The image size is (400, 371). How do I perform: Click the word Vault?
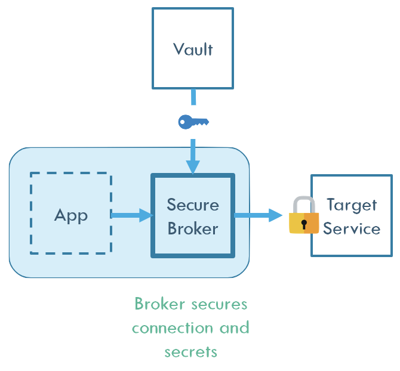pyautogui.click(x=192, y=49)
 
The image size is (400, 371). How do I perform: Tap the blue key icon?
pyautogui.click(x=193, y=122)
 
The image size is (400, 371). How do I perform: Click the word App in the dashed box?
pyautogui.click(x=71, y=215)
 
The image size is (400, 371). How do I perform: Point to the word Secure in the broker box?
pyautogui.click(x=192, y=205)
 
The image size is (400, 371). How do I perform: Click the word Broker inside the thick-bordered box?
pyautogui.click(x=192, y=228)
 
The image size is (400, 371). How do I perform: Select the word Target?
pyautogui.click(x=352, y=205)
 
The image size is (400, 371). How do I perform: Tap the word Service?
pyautogui.click(x=352, y=228)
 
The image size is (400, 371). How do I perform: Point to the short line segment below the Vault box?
pyautogui.click(x=193, y=97)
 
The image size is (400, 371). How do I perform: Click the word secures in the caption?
pyautogui.click(x=219, y=304)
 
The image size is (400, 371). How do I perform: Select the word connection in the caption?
pyautogui.click(x=172, y=328)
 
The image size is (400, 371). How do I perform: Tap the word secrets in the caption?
pyautogui.click(x=190, y=352)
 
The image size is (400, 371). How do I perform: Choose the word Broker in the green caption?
pyautogui.click(x=159, y=304)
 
